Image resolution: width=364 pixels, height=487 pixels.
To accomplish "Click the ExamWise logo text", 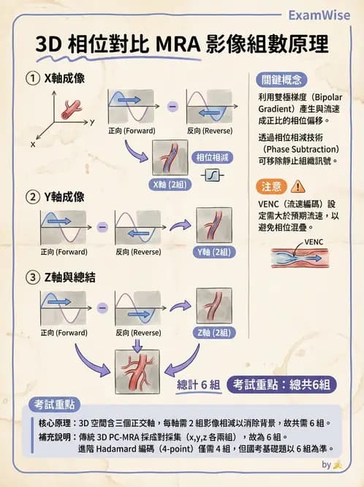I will [319, 15].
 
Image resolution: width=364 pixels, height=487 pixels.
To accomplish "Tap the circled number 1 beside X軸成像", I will [34, 78].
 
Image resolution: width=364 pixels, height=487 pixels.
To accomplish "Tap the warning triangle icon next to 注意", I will [298, 185].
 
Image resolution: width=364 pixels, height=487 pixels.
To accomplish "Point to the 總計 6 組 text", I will [198, 384].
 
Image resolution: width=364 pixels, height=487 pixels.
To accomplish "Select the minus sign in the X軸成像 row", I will [172, 107].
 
